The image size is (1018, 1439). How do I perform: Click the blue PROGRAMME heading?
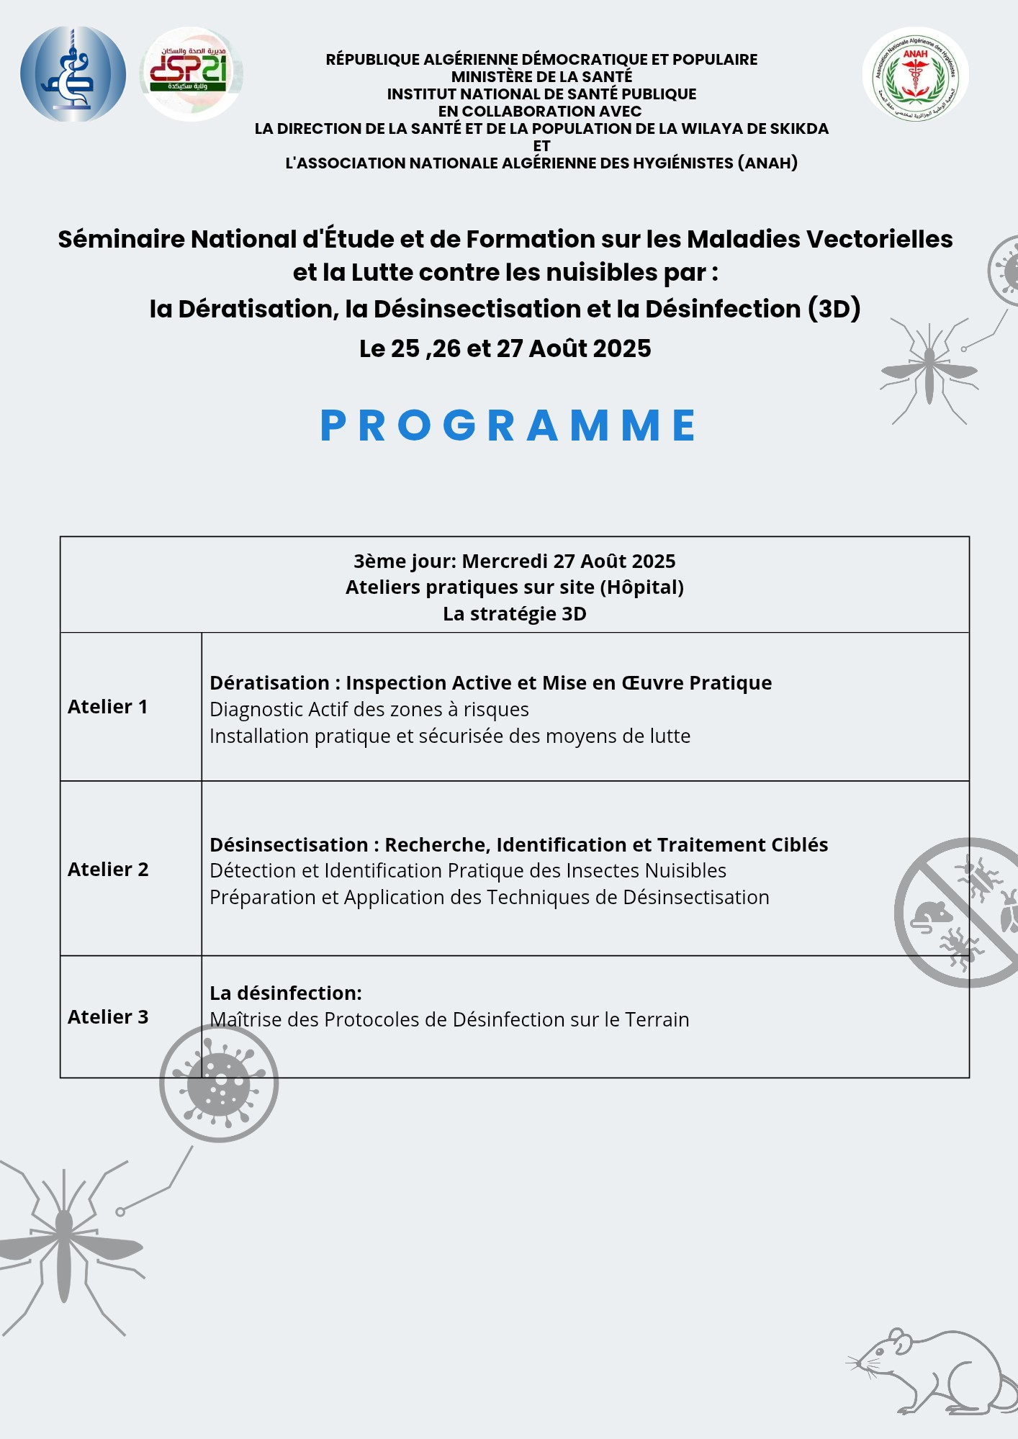[508, 425]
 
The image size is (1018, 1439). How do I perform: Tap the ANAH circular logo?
[915, 74]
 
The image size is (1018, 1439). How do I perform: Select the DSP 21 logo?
[191, 73]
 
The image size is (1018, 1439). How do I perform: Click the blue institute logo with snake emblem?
[73, 73]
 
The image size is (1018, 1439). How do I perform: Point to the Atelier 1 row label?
[108, 707]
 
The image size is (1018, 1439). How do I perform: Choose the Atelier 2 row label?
[108, 870]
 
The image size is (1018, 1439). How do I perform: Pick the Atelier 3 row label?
[108, 1017]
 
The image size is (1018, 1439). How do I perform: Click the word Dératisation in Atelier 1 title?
[269, 683]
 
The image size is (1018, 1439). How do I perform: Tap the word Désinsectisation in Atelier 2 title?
[289, 845]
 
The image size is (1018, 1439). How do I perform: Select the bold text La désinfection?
[286, 993]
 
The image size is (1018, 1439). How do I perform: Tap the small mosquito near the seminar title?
[929, 371]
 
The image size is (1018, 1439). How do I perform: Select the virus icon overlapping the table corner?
[219, 1083]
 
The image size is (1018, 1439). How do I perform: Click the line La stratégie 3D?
[514, 614]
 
